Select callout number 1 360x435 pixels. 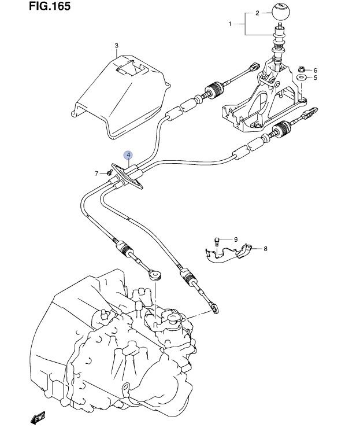tap(230, 24)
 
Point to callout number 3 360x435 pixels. tap(116, 45)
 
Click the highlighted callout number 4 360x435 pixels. tap(128, 155)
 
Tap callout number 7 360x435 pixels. tap(97, 173)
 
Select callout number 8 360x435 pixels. tap(265, 249)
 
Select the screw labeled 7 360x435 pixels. tap(107, 172)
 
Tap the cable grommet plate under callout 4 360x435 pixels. tap(128, 176)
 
